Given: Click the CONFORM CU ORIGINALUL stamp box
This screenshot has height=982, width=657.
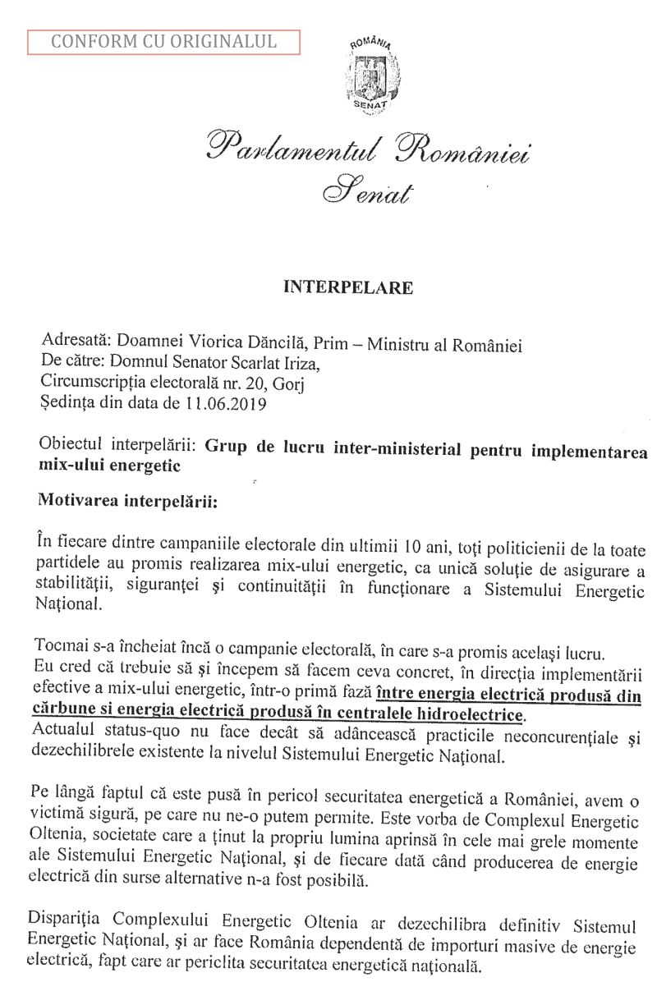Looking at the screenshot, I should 164,40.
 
